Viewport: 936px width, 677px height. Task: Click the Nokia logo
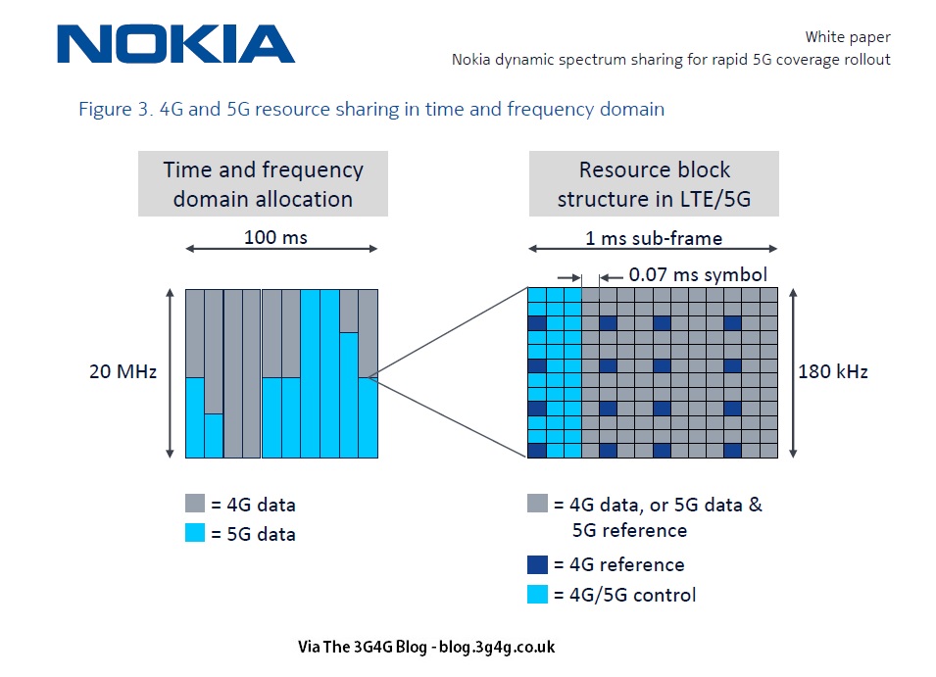point(176,44)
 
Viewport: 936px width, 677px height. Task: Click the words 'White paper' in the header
point(847,37)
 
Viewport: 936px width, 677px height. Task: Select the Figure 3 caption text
point(371,109)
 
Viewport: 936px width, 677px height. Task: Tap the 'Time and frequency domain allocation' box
point(263,183)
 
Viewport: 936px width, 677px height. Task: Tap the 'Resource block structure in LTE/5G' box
point(654,183)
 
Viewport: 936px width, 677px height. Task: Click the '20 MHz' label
point(123,372)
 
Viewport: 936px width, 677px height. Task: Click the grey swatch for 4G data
point(195,504)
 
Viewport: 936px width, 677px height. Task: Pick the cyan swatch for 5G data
point(195,533)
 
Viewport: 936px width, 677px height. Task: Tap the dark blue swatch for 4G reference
point(537,564)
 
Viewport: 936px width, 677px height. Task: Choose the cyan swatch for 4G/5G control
point(537,594)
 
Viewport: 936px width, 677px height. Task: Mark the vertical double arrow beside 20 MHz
point(171,372)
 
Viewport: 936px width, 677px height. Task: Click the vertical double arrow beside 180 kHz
point(794,372)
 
